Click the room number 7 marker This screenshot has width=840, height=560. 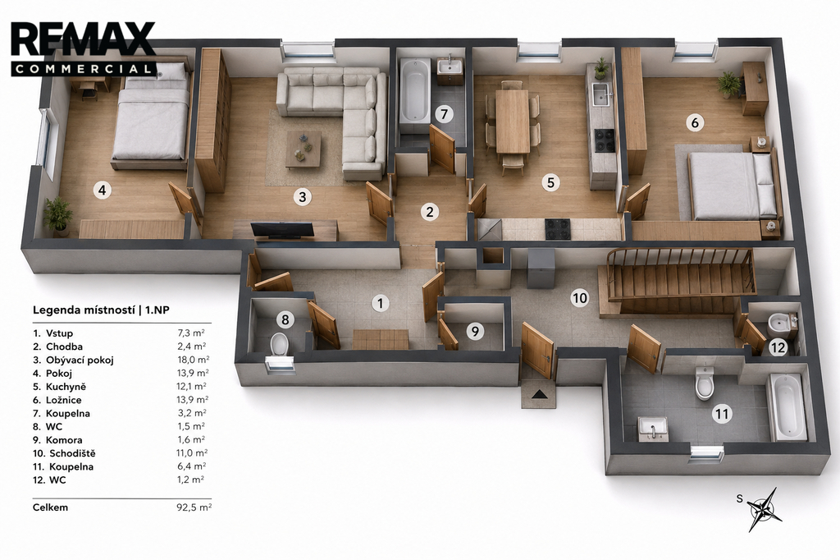444,113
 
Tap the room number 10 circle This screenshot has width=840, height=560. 580,298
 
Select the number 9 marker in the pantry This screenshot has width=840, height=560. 475,332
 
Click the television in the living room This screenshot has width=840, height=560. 282,230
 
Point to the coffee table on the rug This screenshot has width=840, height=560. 304,149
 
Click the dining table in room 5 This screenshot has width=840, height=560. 513,121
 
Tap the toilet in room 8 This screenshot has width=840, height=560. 279,344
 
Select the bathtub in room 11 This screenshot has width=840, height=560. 787,407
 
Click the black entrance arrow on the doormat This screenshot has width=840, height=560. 540,394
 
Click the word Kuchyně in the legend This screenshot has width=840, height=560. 66,387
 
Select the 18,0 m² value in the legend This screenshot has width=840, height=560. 193,360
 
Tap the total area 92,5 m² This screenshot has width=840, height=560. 194,507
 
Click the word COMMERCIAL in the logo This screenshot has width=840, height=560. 83,69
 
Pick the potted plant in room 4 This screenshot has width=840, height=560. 58,216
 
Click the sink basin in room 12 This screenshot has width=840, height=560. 779,323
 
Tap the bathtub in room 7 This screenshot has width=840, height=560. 415,94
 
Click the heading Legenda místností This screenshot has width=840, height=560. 84,310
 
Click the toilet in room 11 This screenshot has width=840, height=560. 705,383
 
